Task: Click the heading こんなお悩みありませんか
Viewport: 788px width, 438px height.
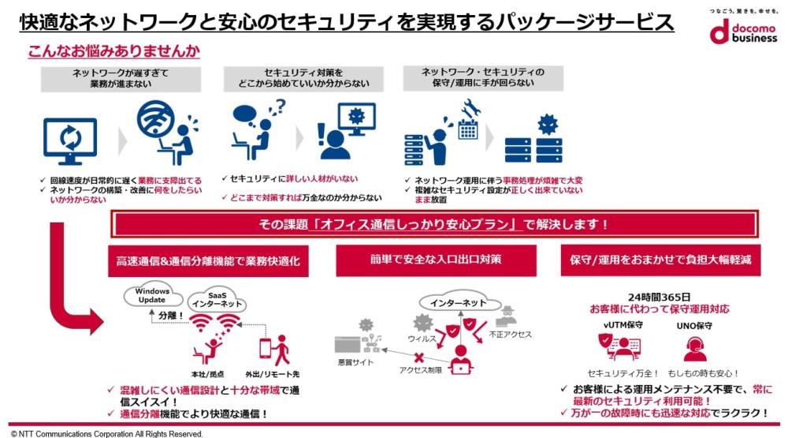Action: [113, 52]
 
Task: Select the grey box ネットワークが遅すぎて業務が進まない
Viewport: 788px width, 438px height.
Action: [121, 79]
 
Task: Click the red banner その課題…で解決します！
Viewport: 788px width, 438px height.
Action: [434, 225]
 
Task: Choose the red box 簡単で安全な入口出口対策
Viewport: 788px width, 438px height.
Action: [436, 260]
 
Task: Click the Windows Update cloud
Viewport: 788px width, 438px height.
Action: [151, 296]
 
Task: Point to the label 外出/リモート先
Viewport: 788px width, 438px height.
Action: [271, 372]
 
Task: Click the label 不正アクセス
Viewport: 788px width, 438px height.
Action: [510, 335]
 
